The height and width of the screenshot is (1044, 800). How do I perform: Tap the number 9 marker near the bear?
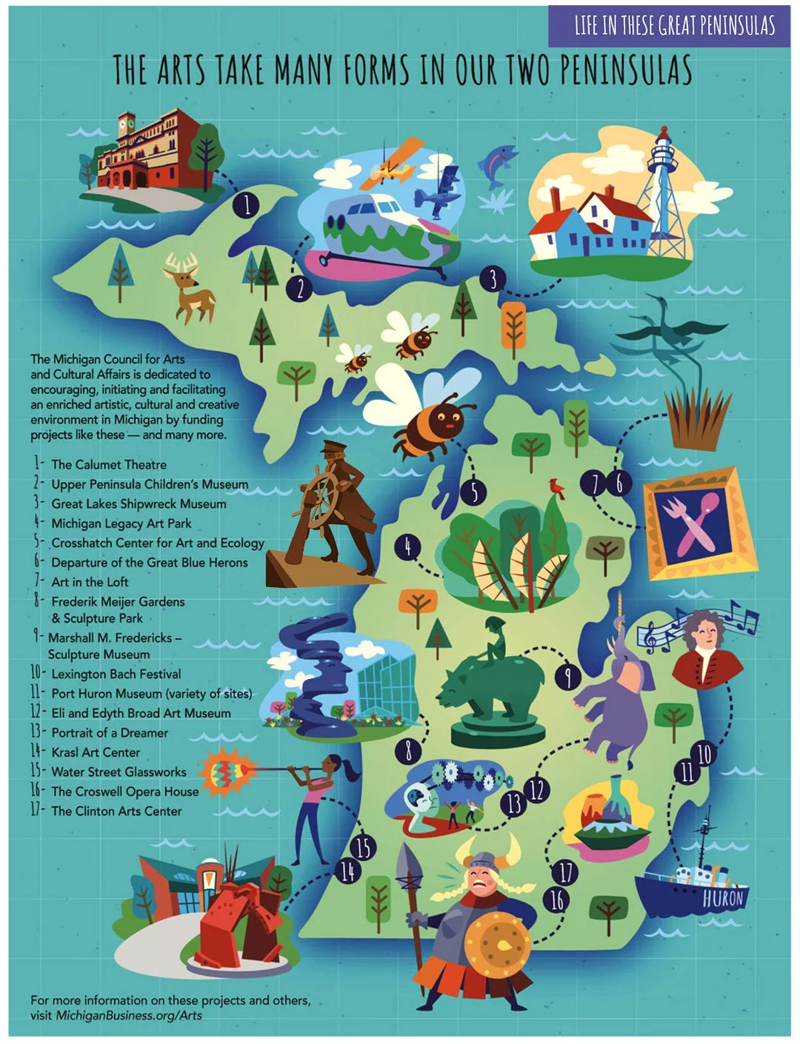[x=567, y=676]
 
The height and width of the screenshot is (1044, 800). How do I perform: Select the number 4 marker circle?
[x=407, y=547]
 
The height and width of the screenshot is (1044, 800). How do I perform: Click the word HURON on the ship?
[x=722, y=899]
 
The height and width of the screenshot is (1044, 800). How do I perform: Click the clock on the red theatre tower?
[x=127, y=119]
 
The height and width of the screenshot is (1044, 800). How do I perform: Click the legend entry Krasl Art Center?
[x=96, y=752]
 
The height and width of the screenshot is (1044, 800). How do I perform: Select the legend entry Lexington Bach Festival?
[x=116, y=674]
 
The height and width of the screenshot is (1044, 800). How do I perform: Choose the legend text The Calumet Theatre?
[x=109, y=464]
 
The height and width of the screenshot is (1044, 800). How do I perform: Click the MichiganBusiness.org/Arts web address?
[x=129, y=1015]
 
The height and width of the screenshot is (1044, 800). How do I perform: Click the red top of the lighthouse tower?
[x=664, y=136]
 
